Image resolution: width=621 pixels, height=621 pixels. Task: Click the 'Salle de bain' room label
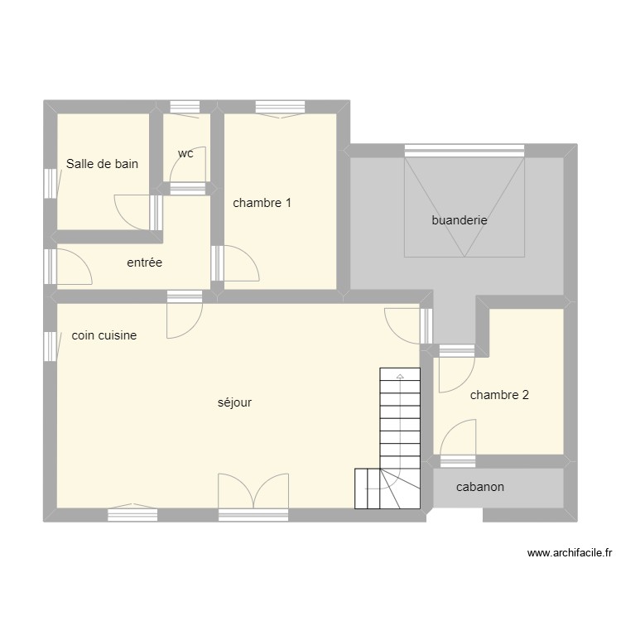click(102, 164)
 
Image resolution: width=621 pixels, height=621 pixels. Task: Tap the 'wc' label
click(185, 153)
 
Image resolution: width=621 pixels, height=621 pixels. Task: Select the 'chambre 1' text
click(262, 203)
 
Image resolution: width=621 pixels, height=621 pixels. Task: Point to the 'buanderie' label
click(459, 220)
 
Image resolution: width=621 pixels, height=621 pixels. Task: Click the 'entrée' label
click(144, 262)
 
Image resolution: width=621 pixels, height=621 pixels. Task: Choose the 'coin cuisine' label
click(104, 335)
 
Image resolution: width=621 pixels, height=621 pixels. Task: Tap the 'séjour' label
click(234, 402)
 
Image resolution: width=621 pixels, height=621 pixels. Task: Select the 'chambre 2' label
click(499, 395)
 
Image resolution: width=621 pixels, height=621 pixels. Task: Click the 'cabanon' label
click(480, 487)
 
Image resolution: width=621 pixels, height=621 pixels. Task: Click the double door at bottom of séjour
click(253, 493)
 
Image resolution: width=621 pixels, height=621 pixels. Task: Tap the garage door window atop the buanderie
click(465, 151)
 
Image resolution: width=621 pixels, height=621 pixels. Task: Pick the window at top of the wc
click(184, 107)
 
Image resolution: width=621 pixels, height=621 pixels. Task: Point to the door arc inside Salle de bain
click(132, 210)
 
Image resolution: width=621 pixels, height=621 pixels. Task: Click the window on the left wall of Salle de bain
click(50, 184)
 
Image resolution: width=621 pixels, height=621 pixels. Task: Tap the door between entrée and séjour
click(184, 317)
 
